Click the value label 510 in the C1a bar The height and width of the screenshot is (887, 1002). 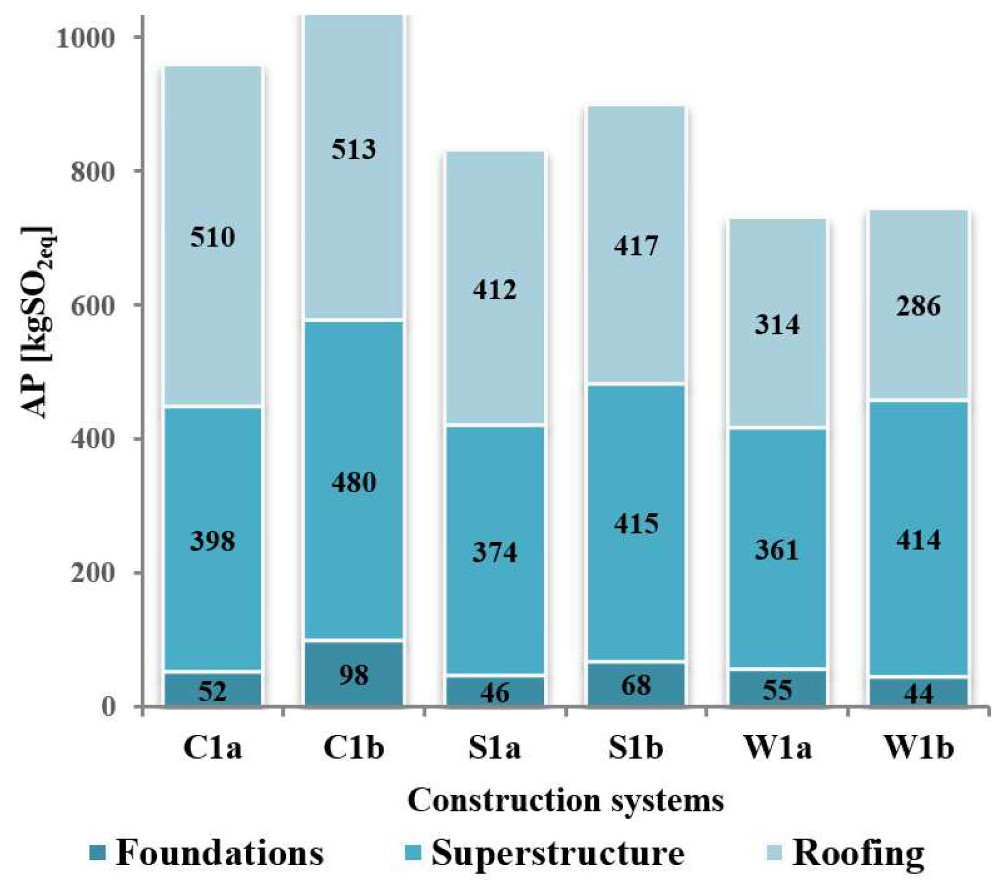point(212,237)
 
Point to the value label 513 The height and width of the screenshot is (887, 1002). point(354,150)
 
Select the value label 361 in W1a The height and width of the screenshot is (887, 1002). point(777,550)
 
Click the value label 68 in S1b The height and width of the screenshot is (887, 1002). point(636,685)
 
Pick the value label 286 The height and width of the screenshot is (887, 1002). point(918,307)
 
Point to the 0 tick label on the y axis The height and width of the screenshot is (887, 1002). point(108,707)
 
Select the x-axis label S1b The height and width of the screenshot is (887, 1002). point(636,748)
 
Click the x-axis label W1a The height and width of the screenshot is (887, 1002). point(777,748)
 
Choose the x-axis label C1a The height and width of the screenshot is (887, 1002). point(212,748)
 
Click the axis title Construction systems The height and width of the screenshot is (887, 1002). point(566,801)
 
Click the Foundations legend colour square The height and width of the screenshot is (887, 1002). point(98,853)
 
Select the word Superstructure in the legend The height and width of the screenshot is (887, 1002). point(558,853)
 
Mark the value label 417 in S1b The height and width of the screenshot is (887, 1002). point(636,246)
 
